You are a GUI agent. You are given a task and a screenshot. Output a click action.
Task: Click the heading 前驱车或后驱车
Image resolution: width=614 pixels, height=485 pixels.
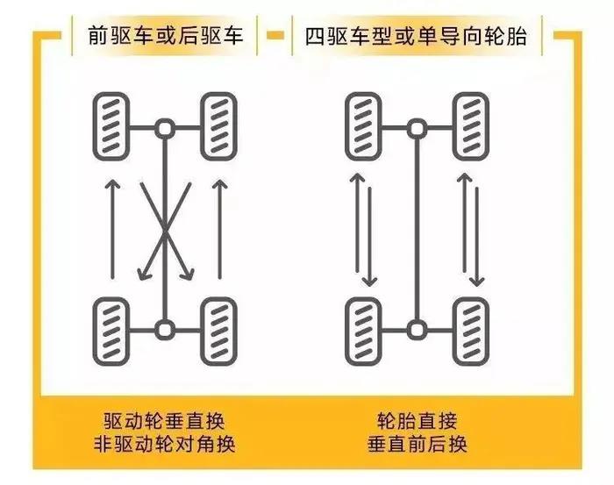(x=165, y=36)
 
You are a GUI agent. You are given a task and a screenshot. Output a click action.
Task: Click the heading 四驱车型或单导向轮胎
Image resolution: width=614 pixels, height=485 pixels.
(x=416, y=37)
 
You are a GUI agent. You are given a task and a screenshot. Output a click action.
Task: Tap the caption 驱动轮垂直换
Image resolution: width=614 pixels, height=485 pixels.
(x=165, y=422)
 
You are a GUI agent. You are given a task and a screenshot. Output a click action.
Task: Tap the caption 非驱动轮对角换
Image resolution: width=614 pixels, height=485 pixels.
(x=165, y=445)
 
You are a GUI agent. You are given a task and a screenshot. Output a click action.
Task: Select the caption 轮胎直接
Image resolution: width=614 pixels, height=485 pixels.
(x=417, y=422)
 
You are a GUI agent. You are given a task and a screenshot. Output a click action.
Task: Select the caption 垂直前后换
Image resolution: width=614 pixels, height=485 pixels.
(x=417, y=445)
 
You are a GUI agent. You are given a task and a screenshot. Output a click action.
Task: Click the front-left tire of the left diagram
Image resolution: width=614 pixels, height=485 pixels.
(x=111, y=126)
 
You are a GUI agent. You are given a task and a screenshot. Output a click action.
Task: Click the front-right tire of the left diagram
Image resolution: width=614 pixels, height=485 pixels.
(x=219, y=126)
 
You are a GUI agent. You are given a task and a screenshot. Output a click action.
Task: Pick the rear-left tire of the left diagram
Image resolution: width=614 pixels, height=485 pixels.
(x=111, y=332)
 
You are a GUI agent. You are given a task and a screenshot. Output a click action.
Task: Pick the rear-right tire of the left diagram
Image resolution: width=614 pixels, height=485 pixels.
(x=219, y=332)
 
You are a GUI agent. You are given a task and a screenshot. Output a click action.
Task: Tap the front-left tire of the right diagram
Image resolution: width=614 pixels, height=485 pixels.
(x=363, y=126)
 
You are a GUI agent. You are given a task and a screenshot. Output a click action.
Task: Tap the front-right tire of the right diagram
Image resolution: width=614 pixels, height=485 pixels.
(x=471, y=126)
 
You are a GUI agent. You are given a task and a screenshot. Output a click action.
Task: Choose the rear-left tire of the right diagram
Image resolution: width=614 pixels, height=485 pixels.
(x=363, y=332)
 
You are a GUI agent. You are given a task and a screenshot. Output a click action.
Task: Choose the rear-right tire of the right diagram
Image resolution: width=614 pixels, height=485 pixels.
(x=471, y=332)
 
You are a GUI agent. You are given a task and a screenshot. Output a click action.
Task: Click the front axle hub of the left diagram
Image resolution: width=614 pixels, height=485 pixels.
(x=165, y=128)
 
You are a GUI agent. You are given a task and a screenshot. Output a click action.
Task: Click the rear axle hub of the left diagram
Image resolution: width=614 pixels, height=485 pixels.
(x=165, y=329)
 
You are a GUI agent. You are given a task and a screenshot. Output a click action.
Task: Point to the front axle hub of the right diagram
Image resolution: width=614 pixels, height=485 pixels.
(x=417, y=128)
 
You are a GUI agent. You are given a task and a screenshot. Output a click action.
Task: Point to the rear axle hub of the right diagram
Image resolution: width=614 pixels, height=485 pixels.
(x=417, y=329)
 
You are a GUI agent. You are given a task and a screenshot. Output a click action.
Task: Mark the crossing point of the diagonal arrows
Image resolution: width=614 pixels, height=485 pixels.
(x=166, y=231)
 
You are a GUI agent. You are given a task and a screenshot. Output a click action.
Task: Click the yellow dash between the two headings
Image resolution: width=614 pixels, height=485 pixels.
(x=275, y=36)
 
